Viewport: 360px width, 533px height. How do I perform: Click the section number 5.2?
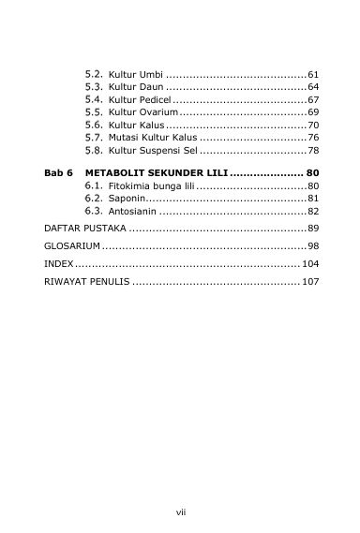coord(94,73)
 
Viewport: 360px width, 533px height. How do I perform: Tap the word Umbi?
coord(150,73)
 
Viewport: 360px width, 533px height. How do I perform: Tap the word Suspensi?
coord(160,150)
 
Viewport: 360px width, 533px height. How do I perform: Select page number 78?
coord(313,150)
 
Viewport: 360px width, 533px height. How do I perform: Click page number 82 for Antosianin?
coord(313,212)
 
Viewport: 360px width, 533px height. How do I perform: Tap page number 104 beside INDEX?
coord(310,263)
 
